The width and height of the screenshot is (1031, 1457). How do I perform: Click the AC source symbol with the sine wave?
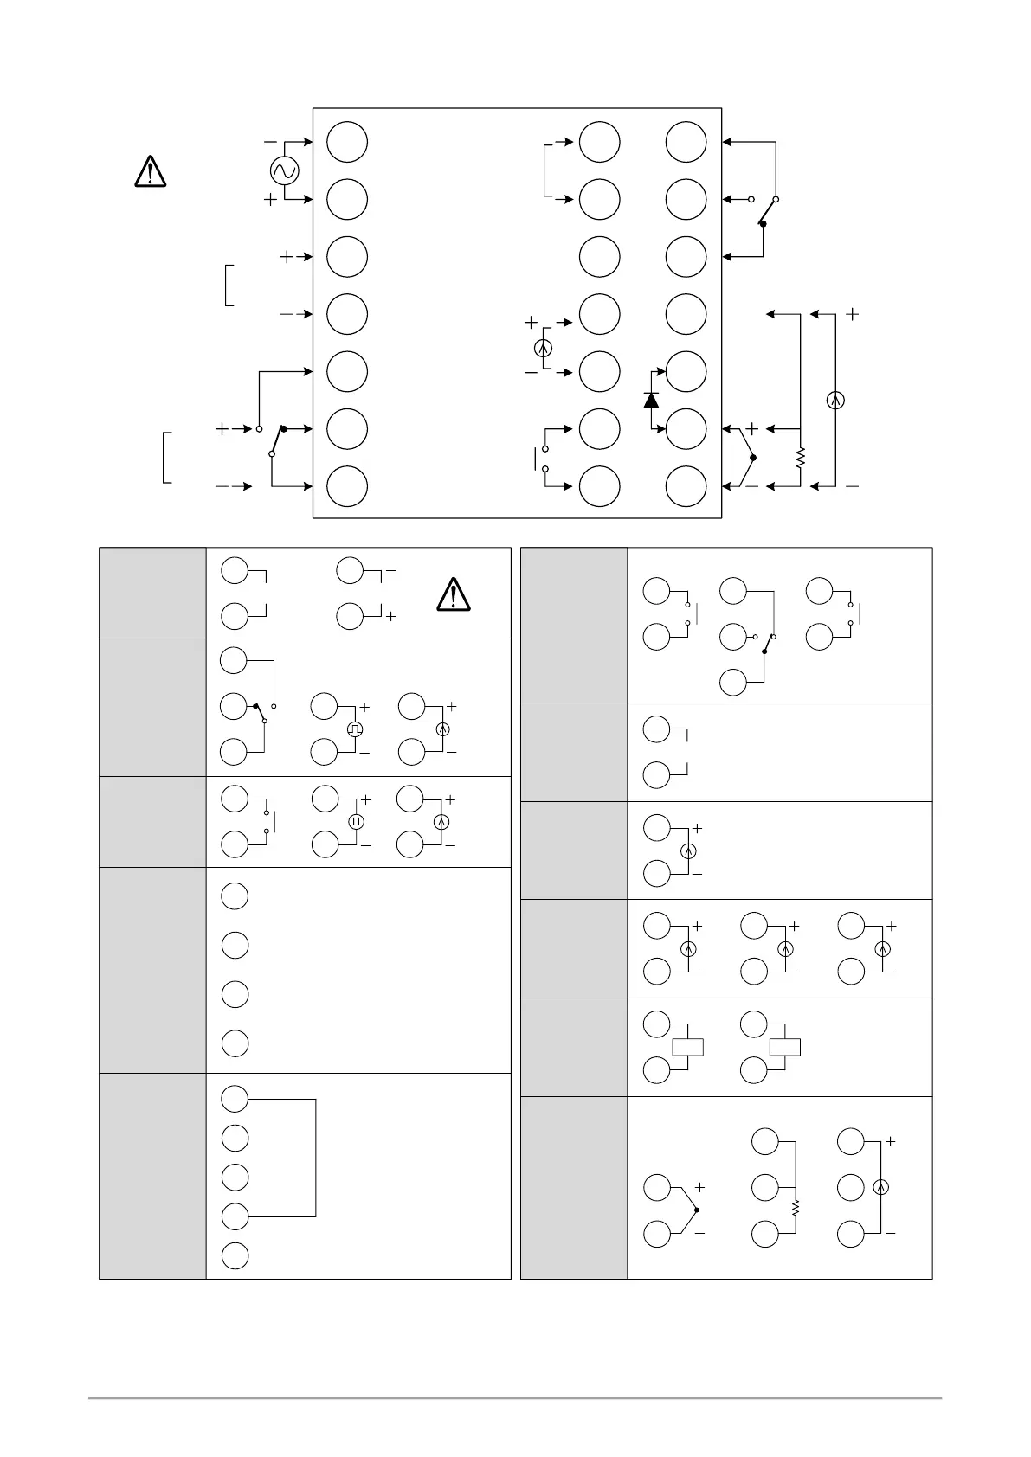tap(284, 170)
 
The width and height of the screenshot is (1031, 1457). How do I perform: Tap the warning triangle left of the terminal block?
tap(151, 171)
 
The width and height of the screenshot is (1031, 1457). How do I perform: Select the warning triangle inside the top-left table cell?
tap(453, 594)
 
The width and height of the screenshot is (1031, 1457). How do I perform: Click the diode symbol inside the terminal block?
tap(651, 400)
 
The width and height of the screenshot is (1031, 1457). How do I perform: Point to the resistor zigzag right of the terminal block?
tap(800, 457)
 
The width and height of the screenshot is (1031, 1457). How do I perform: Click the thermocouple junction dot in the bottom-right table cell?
tap(696, 1210)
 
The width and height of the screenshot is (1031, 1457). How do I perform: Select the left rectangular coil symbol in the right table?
tap(686, 1047)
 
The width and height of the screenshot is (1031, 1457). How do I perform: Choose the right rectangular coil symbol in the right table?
tap(784, 1047)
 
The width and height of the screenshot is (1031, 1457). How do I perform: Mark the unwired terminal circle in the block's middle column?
tap(599, 257)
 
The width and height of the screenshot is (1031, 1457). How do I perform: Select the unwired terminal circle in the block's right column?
tap(686, 314)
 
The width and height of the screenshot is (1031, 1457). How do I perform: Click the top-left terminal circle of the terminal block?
tap(347, 143)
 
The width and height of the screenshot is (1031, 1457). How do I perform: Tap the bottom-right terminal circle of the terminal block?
tap(686, 486)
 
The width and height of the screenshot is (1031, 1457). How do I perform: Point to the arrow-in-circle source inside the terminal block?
tap(543, 348)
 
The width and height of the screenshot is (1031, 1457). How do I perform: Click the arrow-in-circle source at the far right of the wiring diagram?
tap(835, 400)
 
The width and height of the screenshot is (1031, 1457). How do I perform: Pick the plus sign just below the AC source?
tap(271, 200)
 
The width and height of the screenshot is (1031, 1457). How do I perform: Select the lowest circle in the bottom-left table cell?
tap(235, 1255)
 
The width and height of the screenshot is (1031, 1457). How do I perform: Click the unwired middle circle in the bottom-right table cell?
tap(851, 1186)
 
